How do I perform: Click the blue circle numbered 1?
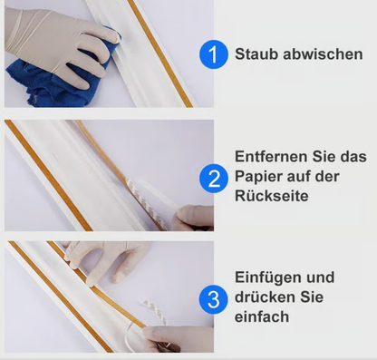click(214, 55)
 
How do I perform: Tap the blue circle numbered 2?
click(214, 177)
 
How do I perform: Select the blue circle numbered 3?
click(214, 297)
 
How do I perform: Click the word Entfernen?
click(269, 155)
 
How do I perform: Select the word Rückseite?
click(271, 196)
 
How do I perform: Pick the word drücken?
click(264, 297)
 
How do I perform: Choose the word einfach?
click(261, 316)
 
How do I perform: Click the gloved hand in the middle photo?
click(194, 217)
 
